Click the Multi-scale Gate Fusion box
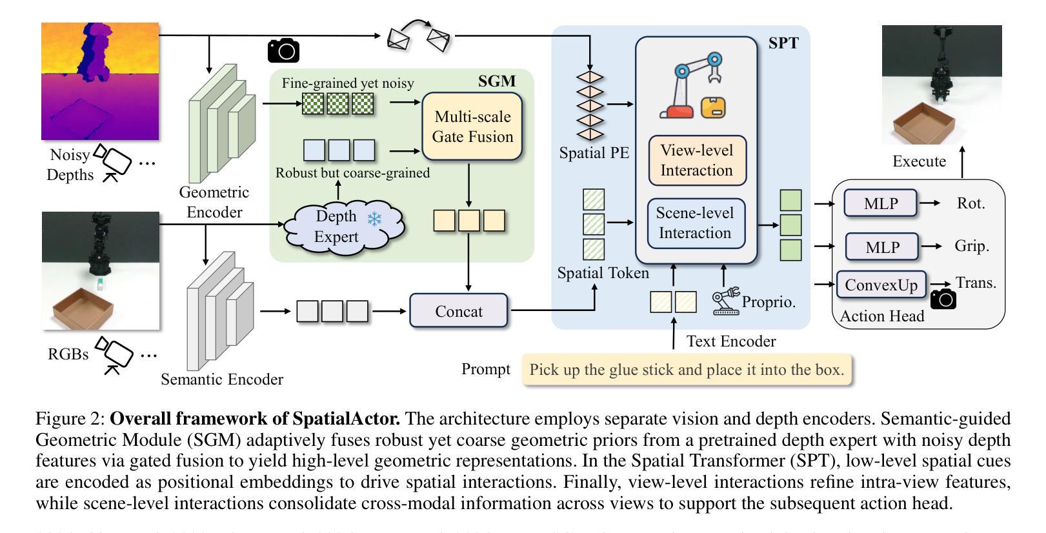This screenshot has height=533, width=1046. click(472, 126)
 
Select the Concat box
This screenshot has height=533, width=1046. click(459, 311)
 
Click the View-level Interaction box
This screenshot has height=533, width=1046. click(697, 160)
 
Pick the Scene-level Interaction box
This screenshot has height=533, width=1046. click(695, 223)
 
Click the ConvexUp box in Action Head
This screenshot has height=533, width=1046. click(881, 285)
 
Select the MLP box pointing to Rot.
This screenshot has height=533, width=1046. click(880, 203)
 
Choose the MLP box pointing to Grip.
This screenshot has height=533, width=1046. click(881, 246)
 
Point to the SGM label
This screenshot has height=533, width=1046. click(497, 81)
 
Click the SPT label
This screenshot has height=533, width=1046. click(783, 43)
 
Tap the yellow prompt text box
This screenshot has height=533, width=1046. click(687, 370)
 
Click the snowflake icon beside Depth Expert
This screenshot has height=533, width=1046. click(374, 219)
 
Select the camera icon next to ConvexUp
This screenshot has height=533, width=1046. click(943, 299)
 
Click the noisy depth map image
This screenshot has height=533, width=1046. click(100, 81)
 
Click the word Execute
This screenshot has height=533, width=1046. click(919, 161)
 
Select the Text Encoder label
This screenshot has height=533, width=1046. click(730, 341)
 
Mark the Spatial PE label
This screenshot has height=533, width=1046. click(594, 153)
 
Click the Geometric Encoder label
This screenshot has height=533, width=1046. click(214, 202)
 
